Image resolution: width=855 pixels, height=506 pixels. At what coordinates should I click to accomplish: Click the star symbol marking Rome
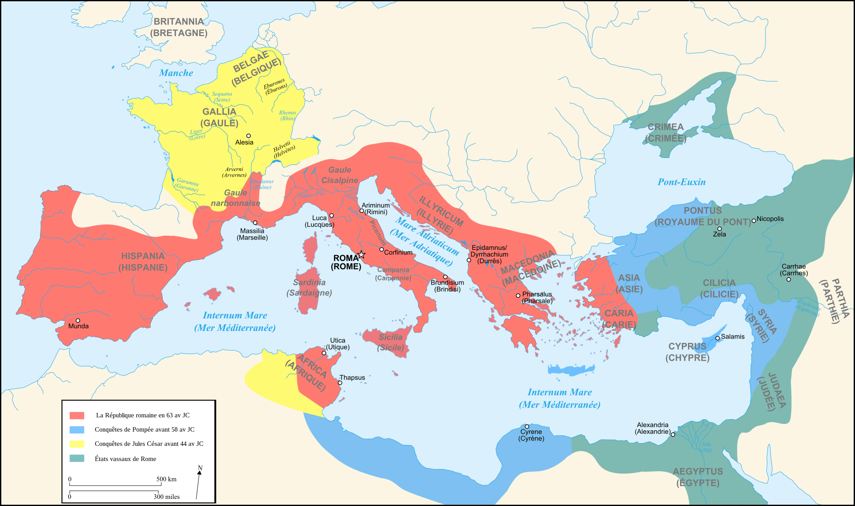(362, 255)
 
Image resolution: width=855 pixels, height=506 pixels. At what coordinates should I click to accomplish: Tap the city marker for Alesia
(248, 136)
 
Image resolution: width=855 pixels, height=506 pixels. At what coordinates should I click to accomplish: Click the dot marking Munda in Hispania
(78, 320)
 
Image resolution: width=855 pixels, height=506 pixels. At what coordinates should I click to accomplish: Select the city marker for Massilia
(255, 223)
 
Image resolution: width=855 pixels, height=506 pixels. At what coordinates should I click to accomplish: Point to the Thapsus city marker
(340, 383)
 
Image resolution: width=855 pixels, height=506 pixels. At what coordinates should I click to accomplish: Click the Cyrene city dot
(527, 426)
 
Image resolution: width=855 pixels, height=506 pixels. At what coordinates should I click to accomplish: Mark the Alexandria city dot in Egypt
(673, 434)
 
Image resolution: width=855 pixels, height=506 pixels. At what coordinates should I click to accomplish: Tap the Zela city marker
(719, 229)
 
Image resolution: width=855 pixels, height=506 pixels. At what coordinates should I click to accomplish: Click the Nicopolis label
(770, 219)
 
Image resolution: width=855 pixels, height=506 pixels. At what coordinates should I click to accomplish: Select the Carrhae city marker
(789, 279)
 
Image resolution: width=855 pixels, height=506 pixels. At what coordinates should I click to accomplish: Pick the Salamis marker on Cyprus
(717, 338)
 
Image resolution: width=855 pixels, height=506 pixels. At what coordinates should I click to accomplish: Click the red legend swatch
(77, 415)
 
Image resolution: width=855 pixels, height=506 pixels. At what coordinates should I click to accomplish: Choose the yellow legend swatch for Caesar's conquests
(77, 444)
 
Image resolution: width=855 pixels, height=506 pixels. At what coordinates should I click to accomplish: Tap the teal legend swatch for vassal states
(77, 458)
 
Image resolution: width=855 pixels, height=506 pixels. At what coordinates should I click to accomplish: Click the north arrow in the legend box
(199, 484)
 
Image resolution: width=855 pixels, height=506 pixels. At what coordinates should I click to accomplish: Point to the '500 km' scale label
(166, 479)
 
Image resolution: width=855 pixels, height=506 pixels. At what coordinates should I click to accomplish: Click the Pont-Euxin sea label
(681, 182)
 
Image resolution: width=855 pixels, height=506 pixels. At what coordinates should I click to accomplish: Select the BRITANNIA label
(179, 21)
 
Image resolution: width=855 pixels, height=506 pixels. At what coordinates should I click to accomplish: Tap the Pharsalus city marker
(518, 295)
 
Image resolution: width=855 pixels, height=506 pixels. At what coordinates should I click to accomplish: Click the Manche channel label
(176, 73)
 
